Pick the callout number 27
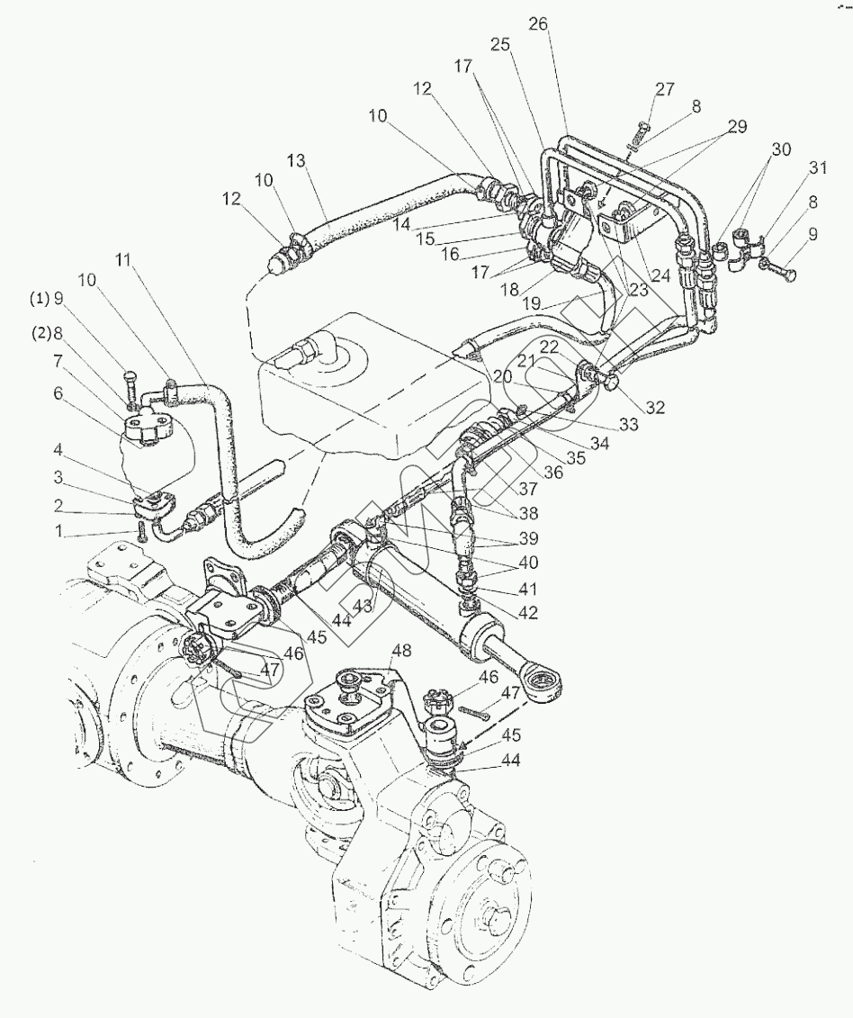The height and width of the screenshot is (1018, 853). [x=664, y=89]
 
